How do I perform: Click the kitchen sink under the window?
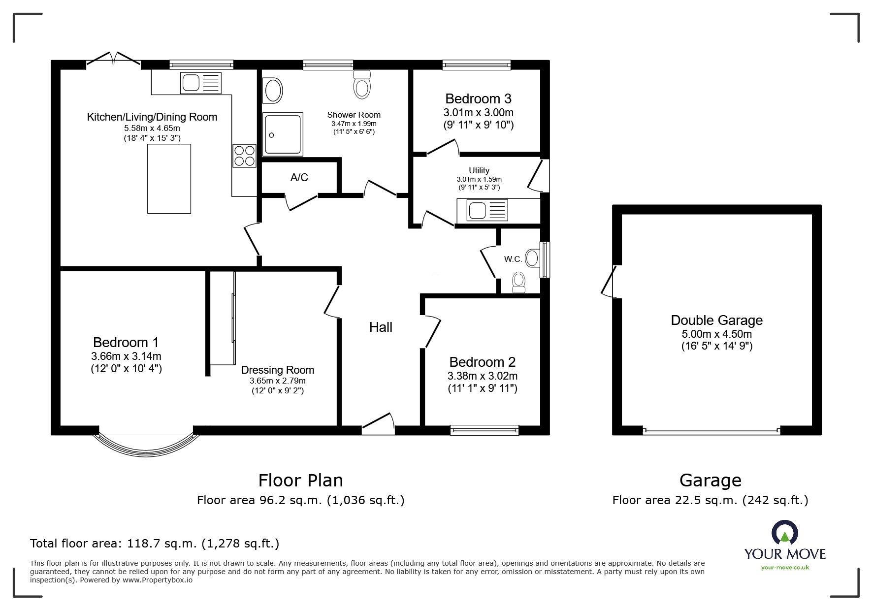pyautogui.click(x=201, y=83)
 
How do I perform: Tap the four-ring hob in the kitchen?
pyautogui.click(x=244, y=156)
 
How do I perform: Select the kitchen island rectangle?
pyautogui.click(x=169, y=179)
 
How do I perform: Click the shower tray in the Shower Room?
pyautogui.click(x=283, y=133)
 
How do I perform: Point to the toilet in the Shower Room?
pyautogui.click(x=362, y=84)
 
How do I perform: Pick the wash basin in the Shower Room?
pyautogui.click(x=273, y=91)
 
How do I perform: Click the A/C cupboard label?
pyautogui.click(x=299, y=177)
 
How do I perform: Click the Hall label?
pyautogui.click(x=381, y=327)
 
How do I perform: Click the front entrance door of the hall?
pyautogui.click(x=378, y=423)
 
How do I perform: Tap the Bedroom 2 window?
pyautogui.click(x=484, y=430)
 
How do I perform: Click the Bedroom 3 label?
pyautogui.click(x=479, y=98)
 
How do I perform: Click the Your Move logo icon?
pyautogui.click(x=785, y=533)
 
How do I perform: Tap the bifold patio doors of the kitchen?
pyautogui.click(x=114, y=58)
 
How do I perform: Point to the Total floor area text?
pyautogui.click(x=155, y=544)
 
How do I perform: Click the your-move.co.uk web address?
pyautogui.click(x=785, y=568)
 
